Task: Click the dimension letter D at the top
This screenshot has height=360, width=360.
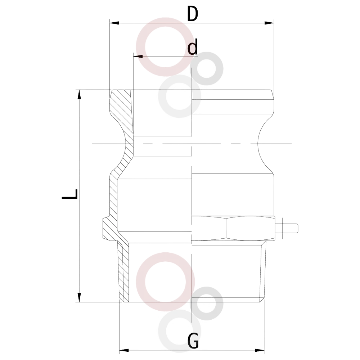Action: [x=192, y=14]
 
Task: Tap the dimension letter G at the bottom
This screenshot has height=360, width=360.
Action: [x=193, y=341]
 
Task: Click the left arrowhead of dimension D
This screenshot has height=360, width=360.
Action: [x=114, y=23]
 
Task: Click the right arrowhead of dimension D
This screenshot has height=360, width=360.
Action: [x=269, y=23]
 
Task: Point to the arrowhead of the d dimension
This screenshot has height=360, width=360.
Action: [x=138, y=56]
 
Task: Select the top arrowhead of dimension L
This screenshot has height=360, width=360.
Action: [x=80, y=94]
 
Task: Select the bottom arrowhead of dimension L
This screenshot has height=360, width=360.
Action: [x=80, y=297]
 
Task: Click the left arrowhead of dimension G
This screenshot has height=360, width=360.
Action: [x=124, y=351]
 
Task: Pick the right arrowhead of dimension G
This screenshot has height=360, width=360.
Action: [x=260, y=351]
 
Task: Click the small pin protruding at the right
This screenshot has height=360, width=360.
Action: [x=287, y=228]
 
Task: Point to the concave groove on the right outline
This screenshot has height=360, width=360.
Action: [x=258, y=144]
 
